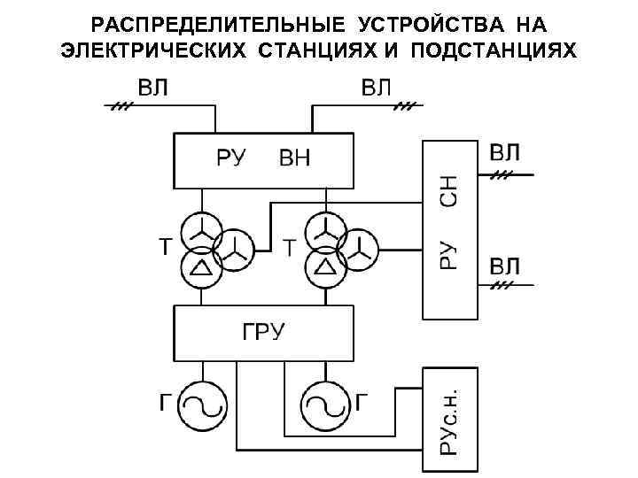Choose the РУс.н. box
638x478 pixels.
[449, 420]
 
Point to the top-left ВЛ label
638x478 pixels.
[155, 88]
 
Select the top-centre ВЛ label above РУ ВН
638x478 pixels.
[381, 88]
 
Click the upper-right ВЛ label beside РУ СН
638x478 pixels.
[506, 151]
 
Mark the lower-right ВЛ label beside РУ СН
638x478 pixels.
[506, 266]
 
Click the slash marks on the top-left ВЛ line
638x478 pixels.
[121, 105]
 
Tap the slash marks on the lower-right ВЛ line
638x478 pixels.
[503, 286]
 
